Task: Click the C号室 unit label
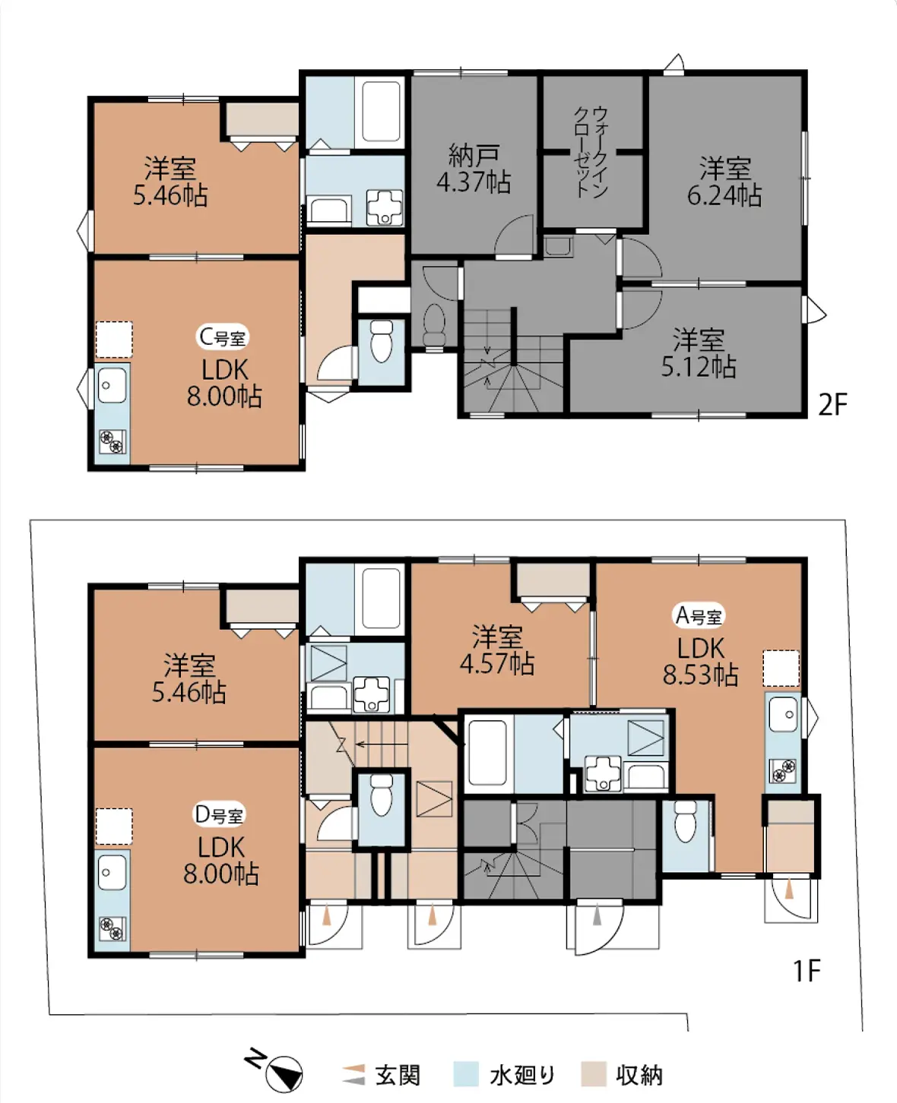click(x=223, y=337)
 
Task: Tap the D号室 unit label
click(x=219, y=814)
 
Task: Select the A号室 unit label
click(x=699, y=616)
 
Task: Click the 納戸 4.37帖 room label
click(x=473, y=169)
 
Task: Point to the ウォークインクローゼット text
click(x=590, y=152)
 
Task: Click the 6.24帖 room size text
click(x=724, y=196)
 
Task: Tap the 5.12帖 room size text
click(x=698, y=367)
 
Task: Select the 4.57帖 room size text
click(x=497, y=665)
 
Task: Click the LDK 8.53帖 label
click(x=701, y=662)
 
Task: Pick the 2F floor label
click(x=832, y=405)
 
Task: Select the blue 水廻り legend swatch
click(x=465, y=1074)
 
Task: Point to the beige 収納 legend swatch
click(x=594, y=1074)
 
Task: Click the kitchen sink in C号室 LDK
click(x=112, y=385)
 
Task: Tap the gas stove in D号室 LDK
click(x=113, y=929)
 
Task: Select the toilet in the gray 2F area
click(x=434, y=324)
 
